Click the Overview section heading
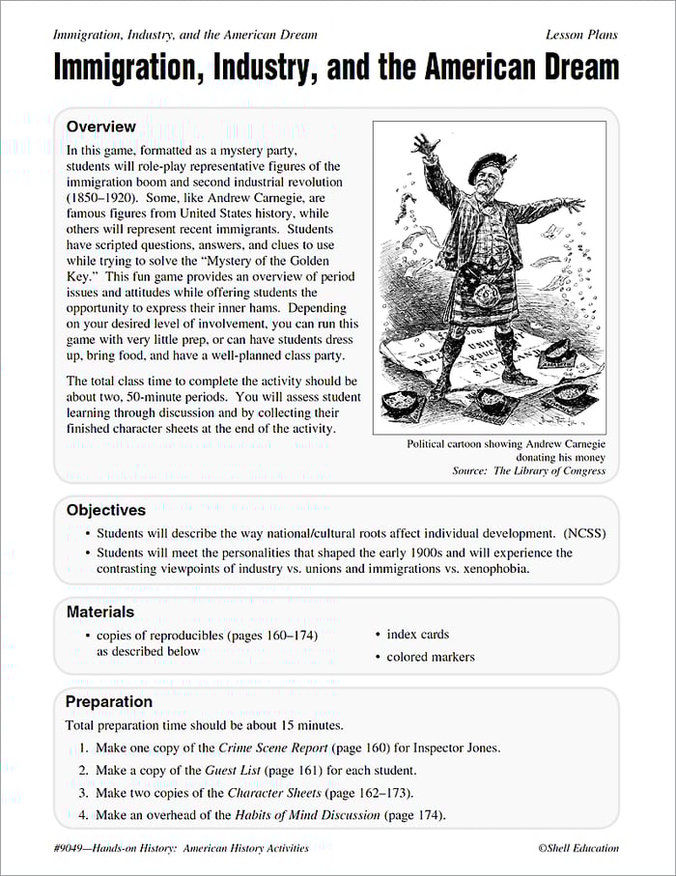coord(101,127)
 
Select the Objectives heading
coord(106,510)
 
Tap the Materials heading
coord(100,611)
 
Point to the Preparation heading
coord(109,701)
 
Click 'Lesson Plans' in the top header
coord(581,35)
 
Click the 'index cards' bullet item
coord(417,635)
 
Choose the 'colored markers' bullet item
coord(431,657)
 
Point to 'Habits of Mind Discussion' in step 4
coord(307,815)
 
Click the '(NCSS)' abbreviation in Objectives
coord(584,533)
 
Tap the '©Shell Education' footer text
coord(578,848)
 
